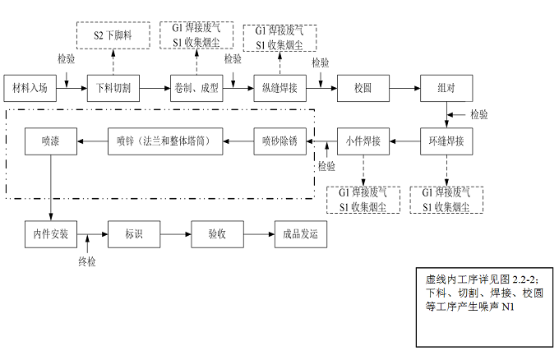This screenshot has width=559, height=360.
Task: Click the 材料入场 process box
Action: (x=30, y=88)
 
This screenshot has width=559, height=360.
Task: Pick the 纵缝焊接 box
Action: (x=279, y=88)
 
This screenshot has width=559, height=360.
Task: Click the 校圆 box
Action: (x=363, y=88)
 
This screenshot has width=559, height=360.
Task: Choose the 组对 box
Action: (x=446, y=88)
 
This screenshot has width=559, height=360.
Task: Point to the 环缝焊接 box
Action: (x=446, y=141)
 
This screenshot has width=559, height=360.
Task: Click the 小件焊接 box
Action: (x=363, y=141)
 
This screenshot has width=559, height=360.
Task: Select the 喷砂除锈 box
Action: (x=279, y=141)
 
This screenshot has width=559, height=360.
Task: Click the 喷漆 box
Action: (x=51, y=141)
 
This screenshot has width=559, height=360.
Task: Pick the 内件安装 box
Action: (x=51, y=234)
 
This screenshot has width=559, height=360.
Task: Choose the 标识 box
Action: (x=134, y=234)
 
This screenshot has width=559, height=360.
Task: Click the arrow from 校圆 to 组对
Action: (x=404, y=88)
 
